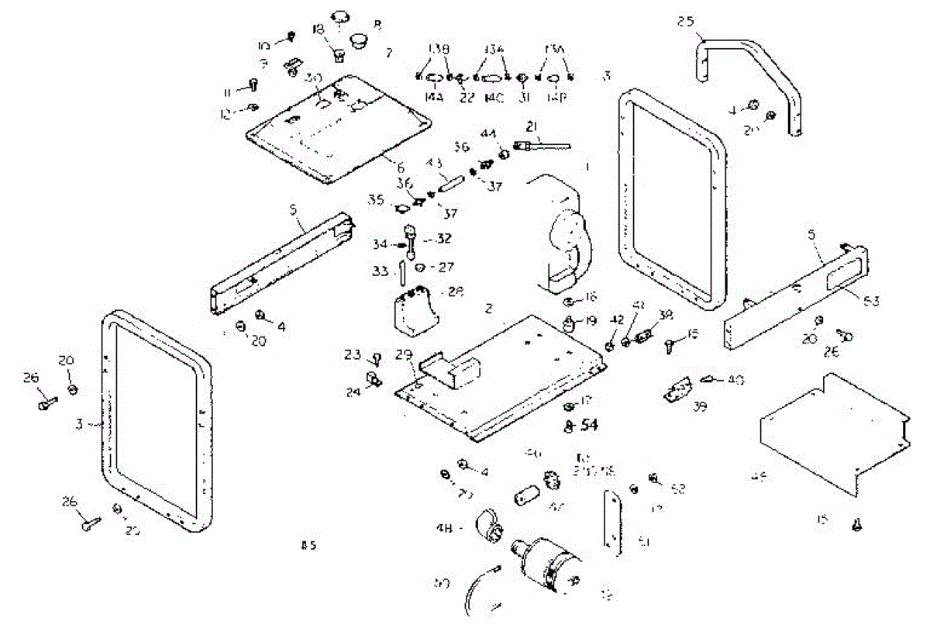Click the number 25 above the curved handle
point(685,22)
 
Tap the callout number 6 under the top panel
point(400,167)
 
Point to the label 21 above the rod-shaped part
point(531,127)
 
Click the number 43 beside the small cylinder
point(434,164)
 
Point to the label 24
point(353,392)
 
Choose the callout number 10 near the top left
point(264,46)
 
